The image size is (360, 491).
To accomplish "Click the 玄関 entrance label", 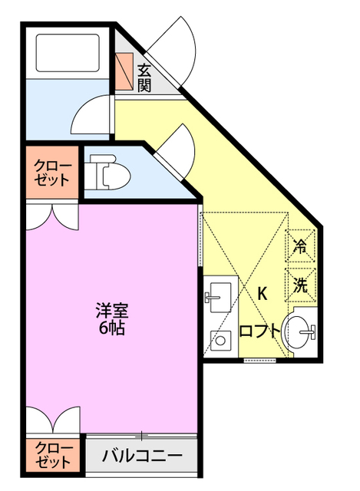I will click(144, 77).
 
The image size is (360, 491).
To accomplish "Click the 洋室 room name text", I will click(111, 311).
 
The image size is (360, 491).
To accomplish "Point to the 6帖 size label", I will click(111, 329).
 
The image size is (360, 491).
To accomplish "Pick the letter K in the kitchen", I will click(262, 293).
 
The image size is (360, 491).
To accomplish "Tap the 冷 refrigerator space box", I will click(301, 246).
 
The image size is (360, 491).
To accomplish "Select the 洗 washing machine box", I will click(301, 285).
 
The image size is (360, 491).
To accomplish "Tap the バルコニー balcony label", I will click(142, 454).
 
